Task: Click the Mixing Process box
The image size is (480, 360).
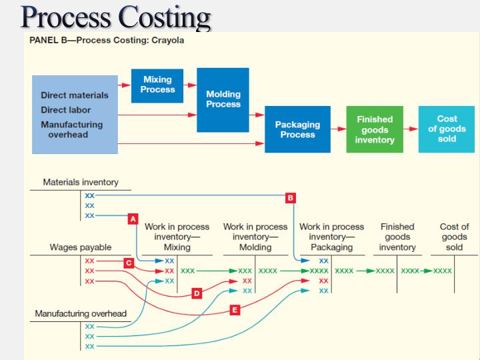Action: (157, 85)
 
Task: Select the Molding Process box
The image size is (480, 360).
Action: (223, 99)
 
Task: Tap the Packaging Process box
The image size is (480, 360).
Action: (297, 129)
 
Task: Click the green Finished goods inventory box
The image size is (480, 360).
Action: (375, 129)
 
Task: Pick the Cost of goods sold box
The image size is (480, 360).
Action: (447, 129)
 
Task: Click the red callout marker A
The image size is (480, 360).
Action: (133, 218)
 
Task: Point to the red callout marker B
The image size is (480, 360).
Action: (289, 197)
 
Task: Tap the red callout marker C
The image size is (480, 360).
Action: (128, 263)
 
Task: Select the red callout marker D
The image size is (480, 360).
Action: (196, 293)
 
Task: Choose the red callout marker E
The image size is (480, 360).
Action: (234, 310)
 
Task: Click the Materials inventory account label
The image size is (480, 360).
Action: (81, 182)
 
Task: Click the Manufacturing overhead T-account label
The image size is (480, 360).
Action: (81, 313)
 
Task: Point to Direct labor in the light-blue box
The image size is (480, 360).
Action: (65, 110)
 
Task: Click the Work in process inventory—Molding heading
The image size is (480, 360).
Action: (255, 237)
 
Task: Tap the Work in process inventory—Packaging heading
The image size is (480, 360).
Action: (331, 237)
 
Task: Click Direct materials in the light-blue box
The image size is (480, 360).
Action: (74, 95)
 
